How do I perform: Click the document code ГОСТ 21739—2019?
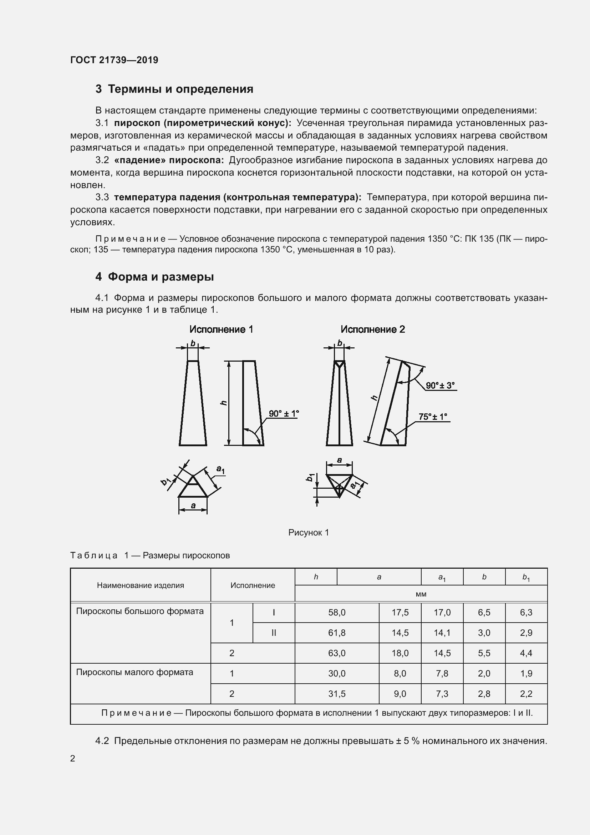pos(114,60)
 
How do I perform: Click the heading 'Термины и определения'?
pos(174,89)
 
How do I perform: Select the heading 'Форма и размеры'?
pos(154,277)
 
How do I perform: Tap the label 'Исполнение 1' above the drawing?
pos(221,330)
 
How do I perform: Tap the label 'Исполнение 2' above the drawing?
pos(372,330)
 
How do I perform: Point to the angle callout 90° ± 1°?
pos(283,413)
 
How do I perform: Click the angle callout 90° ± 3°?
pos(440,386)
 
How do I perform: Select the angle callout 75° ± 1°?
pos(432,417)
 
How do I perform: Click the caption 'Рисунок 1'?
pos(309,533)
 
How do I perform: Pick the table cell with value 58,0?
pos(337,613)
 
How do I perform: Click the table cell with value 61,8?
pos(337,633)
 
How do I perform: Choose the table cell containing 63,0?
pos(337,654)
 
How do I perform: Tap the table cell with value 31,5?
pos(337,694)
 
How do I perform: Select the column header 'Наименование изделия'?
pos(140,585)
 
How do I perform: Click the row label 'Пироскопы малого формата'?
pos(134,673)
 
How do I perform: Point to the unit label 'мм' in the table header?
pos(421,594)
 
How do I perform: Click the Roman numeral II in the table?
pos(274,633)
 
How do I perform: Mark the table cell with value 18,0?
pos(400,654)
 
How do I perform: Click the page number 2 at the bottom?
pos(73,759)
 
